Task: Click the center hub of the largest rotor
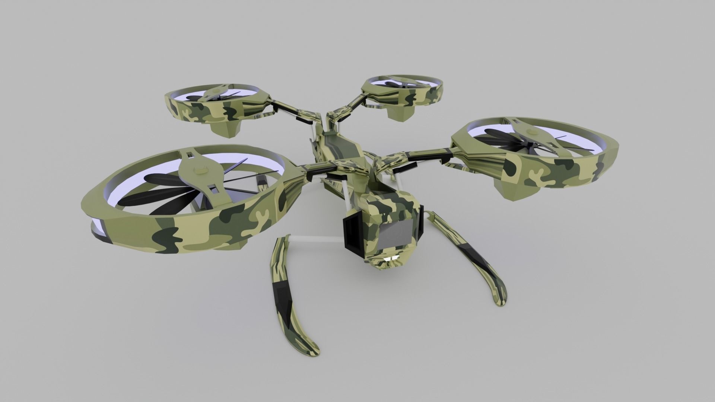200,171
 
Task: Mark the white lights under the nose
391,258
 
